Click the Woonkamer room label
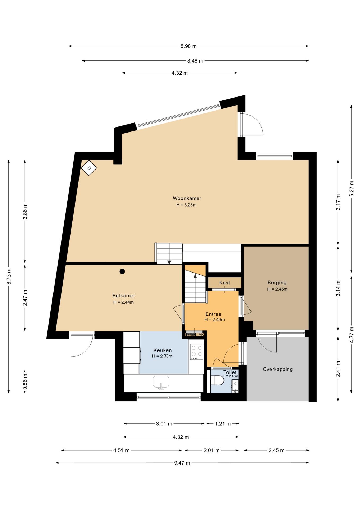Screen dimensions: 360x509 tap(187, 198)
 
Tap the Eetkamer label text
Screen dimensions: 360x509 tap(124, 296)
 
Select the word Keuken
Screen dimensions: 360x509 tap(163, 350)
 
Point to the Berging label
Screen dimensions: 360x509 tap(277, 283)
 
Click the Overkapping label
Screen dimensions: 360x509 tap(278, 369)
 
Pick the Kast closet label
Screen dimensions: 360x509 tap(225, 283)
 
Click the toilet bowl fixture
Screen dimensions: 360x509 tap(217, 380)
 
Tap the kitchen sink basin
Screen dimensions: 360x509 tap(161, 382)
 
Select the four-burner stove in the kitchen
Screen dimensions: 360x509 tap(196, 352)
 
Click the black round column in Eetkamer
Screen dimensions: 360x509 tap(122, 271)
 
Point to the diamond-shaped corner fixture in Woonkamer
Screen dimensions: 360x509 tap(89, 168)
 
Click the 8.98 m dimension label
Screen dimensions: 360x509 tap(188, 46)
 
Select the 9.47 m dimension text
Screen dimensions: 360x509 tap(182, 463)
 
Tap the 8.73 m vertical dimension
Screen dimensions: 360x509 tap(9, 277)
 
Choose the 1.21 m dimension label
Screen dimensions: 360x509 tap(223, 424)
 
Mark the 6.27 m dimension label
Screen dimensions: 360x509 tap(352, 188)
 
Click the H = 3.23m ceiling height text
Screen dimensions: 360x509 tap(186, 205)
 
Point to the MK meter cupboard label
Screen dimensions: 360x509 tap(201, 335)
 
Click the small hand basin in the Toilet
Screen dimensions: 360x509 tap(235, 386)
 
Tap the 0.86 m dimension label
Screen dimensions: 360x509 tap(25, 382)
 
